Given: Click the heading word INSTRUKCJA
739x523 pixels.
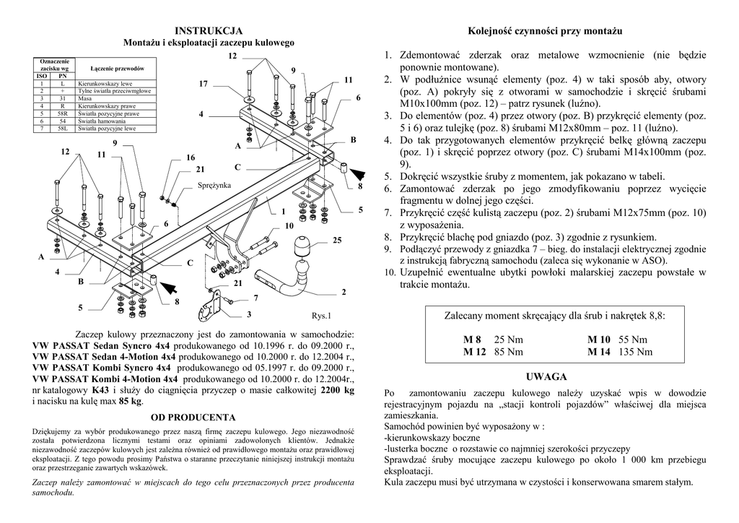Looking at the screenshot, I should pyautogui.click(x=209, y=31).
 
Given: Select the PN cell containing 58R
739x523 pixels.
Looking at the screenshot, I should pyautogui.click(x=63, y=113).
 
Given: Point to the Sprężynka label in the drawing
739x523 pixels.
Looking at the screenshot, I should pyautogui.click(x=214, y=186).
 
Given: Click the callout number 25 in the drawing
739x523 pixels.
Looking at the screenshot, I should pyautogui.click(x=336, y=239).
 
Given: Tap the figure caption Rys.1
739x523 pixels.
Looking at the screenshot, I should pyautogui.click(x=321, y=316).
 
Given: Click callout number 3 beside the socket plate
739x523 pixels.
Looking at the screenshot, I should pyautogui.click(x=248, y=314).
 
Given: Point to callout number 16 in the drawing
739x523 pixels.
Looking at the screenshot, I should pyautogui.click(x=191, y=157).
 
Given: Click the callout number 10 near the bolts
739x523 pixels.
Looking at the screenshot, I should pyautogui.click(x=289, y=226).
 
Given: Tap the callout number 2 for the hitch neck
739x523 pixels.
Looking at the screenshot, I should pyautogui.click(x=344, y=292).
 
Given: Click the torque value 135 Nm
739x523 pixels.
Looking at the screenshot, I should pyautogui.click(x=636, y=352).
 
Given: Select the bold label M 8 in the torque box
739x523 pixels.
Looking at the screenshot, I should pyautogui.click(x=472, y=340).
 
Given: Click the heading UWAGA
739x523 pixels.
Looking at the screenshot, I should pyautogui.click(x=546, y=377).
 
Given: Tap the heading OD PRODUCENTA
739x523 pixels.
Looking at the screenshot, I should pyautogui.click(x=193, y=418).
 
